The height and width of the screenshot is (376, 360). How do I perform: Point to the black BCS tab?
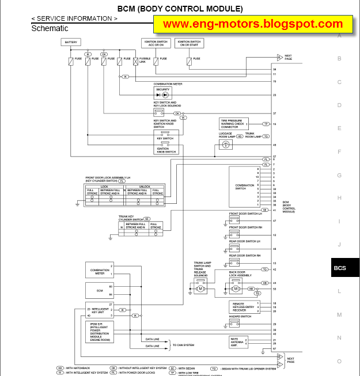pos(339,268)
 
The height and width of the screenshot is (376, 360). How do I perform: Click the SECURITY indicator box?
pos(162,93)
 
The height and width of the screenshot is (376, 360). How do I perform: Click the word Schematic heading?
pos(50,28)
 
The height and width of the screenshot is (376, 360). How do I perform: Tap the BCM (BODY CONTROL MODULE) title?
pos(180,9)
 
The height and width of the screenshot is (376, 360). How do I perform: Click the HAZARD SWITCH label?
pos(241,317)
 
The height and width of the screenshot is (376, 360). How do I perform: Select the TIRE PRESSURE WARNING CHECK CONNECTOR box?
pos(234,124)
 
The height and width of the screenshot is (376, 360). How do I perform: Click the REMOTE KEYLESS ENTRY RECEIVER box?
pos(243,306)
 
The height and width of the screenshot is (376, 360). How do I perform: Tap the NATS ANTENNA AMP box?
pos(237,341)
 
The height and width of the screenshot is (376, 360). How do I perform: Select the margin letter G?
pos(339,175)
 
